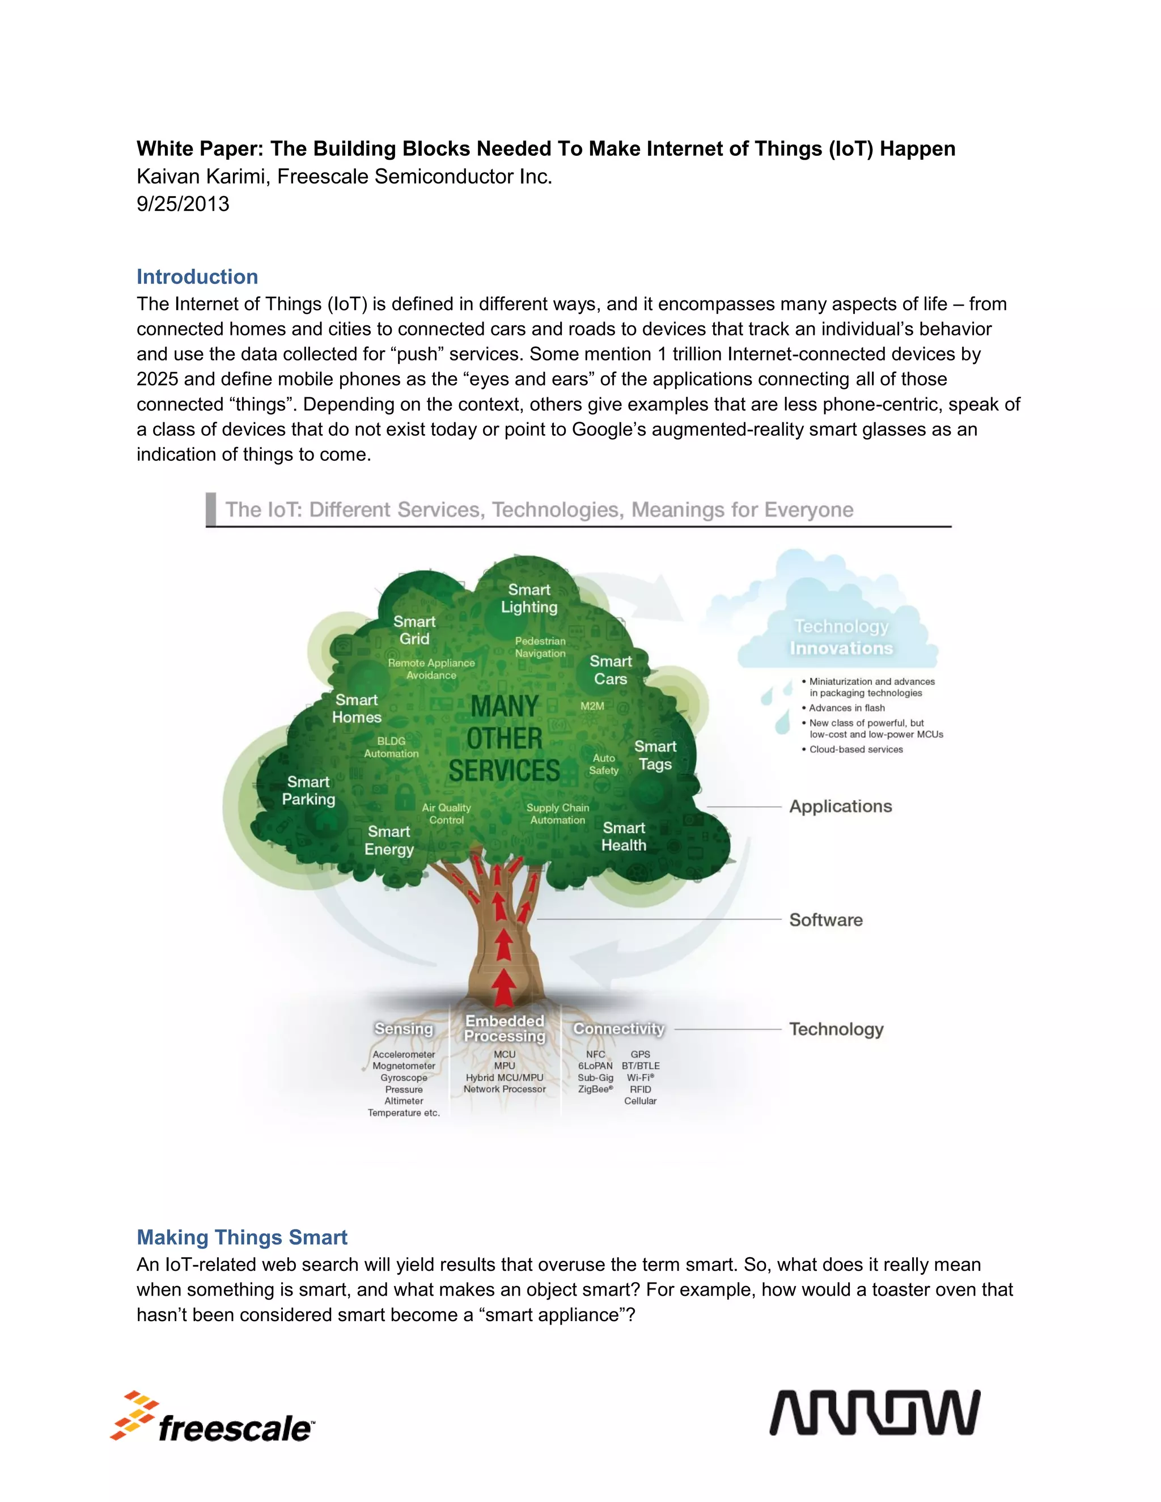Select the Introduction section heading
pos(197,277)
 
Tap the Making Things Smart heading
pos(242,1237)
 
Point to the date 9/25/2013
pos(183,204)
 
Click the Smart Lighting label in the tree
pos(529,599)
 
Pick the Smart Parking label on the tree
pos(308,791)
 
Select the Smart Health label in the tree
pos(624,836)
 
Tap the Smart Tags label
pos(655,755)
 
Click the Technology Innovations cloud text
pos(841,638)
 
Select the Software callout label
pos(825,920)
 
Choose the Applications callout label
pos(841,807)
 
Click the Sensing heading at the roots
pos(404,1029)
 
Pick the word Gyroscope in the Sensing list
pos(404,1077)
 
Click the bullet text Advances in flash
pos(847,708)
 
